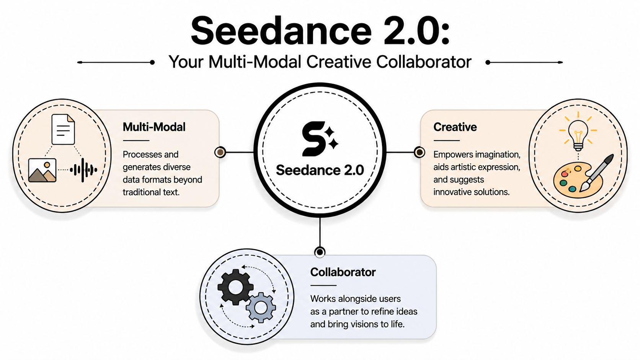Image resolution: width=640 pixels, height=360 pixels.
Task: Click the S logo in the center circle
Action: point(320,139)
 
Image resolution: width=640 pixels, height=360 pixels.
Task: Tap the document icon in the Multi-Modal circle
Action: point(63,129)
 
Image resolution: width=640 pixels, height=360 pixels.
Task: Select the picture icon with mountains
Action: point(42,171)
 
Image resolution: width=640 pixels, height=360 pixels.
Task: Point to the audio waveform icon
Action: point(83,170)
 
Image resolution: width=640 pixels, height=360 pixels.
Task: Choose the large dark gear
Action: point(235,287)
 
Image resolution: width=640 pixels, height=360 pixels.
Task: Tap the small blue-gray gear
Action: point(261,308)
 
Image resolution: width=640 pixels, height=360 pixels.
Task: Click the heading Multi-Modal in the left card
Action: point(154,127)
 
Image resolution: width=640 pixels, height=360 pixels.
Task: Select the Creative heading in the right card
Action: point(455,127)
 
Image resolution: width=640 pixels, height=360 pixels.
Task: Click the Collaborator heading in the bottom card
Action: point(343,272)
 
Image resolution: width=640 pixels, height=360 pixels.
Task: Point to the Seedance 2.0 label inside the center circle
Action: point(320,170)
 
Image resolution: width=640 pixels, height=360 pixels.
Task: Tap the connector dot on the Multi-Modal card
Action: point(220,152)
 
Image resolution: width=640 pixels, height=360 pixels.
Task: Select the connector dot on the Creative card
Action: point(419,152)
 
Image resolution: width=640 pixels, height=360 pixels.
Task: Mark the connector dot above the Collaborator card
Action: point(320,252)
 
